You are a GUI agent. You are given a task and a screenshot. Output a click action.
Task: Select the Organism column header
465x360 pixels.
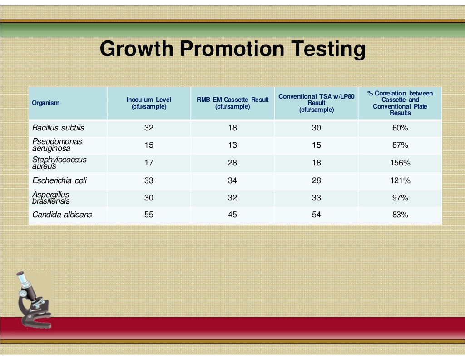[x=46, y=103]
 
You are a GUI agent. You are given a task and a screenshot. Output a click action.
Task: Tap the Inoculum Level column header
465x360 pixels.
[x=149, y=103]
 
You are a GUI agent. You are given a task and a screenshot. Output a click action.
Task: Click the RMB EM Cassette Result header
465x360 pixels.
[x=232, y=103]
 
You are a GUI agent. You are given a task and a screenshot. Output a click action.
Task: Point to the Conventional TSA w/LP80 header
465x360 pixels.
[x=317, y=103]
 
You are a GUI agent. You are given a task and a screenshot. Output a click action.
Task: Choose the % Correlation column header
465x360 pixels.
[x=400, y=103]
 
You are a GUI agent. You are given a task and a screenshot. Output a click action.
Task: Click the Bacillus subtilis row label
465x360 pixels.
[x=58, y=128]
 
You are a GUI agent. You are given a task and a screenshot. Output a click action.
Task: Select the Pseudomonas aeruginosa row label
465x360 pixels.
[x=57, y=145]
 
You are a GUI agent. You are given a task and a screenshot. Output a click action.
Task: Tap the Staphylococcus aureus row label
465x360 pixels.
[x=59, y=163]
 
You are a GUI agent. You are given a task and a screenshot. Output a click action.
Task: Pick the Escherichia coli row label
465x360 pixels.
[x=59, y=180]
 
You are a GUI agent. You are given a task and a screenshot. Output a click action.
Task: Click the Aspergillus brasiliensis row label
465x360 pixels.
[x=51, y=198]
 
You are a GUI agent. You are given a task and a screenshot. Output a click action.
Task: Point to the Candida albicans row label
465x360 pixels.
[x=62, y=215]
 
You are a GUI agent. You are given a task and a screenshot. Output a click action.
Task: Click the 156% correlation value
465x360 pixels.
[x=400, y=163]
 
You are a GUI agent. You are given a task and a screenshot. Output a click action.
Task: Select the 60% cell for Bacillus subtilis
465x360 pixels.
[x=400, y=128]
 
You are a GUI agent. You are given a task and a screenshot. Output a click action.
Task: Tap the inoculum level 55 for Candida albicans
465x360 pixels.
[x=149, y=215]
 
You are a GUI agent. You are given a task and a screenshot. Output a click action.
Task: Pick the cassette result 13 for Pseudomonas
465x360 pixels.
[x=232, y=145]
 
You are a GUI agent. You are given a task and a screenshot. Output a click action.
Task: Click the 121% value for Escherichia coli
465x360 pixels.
[x=400, y=180]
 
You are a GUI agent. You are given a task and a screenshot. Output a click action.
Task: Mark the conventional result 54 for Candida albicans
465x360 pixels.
[x=317, y=215]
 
